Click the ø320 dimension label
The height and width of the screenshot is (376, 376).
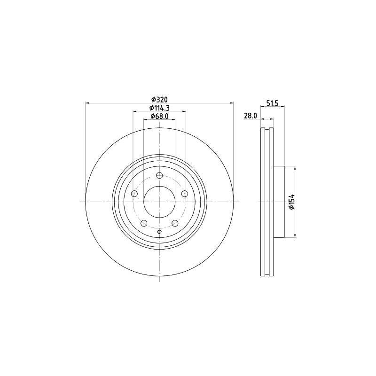(159, 99)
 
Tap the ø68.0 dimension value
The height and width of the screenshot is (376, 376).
(159, 116)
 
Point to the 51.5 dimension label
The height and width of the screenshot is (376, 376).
(272, 103)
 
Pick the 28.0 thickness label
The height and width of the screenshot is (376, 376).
(251, 116)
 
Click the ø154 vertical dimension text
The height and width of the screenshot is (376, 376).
(291, 202)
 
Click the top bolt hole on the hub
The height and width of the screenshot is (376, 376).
(159, 175)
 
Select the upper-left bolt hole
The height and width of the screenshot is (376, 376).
(134, 194)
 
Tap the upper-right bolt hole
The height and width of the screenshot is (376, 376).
(184, 194)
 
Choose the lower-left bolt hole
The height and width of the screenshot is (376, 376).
(144, 223)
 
